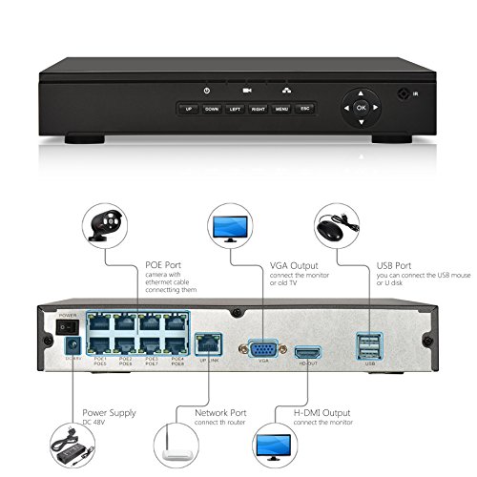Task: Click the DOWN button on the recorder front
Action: coord(211,109)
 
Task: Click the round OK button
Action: coord(361,108)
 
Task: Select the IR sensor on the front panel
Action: coord(405,96)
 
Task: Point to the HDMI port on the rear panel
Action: coord(305,350)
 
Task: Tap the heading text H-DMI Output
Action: coord(321,412)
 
